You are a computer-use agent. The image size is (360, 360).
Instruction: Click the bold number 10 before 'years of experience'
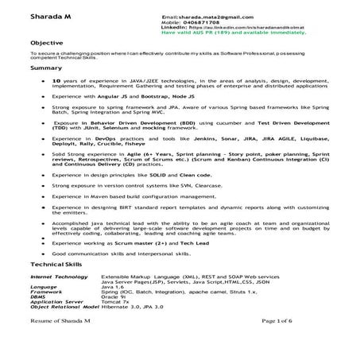coord(55,82)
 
